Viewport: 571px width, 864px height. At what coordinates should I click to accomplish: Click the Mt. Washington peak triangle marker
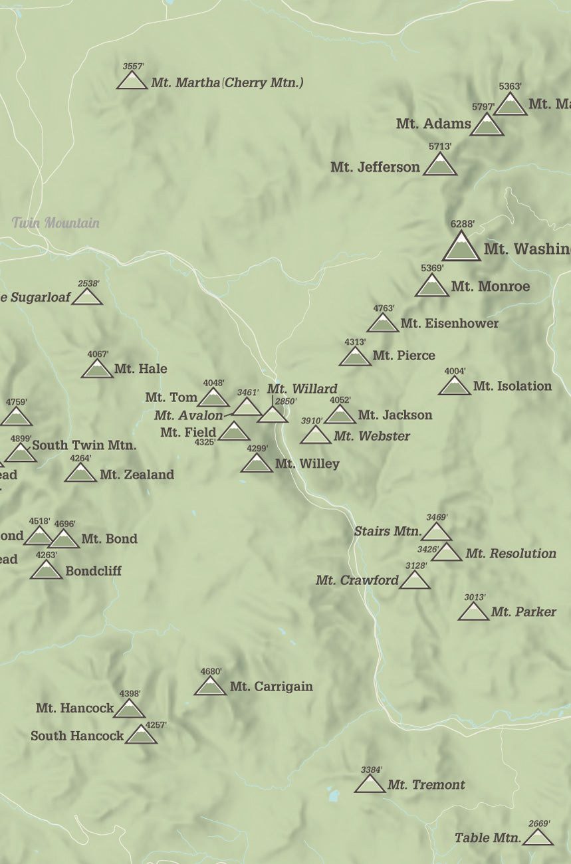pyautogui.click(x=461, y=248)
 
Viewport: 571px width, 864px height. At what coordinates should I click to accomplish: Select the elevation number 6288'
pyautogui.click(x=462, y=224)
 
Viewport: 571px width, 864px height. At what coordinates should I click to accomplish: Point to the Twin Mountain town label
pyautogui.click(x=56, y=223)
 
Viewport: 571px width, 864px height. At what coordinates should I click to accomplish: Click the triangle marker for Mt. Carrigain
pyautogui.click(x=211, y=687)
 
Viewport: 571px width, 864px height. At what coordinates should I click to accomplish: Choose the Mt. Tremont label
pyautogui.click(x=426, y=785)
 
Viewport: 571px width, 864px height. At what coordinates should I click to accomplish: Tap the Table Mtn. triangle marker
pyautogui.click(x=538, y=837)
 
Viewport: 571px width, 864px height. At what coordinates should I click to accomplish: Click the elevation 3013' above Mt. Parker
pyautogui.click(x=475, y=597)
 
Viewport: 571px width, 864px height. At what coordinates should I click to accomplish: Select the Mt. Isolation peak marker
pyautogui.click(x=455, y=386)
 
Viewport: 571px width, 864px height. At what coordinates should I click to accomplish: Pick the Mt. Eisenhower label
pyautogui.click(x=449, y=324)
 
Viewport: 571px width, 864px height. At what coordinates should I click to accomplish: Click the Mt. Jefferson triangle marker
pyautogui.click(x=440, y=166)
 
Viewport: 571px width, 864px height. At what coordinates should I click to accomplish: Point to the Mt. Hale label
pyautogui.click(x=140, y=369)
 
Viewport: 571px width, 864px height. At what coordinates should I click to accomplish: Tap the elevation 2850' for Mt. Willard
pyautogui.click(x=285, y=401)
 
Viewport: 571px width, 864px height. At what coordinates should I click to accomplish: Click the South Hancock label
pyautogui.click(x=77, y=736)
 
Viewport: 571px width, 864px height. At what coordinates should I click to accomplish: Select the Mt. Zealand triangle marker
pyautogui.click(x=81, y=474)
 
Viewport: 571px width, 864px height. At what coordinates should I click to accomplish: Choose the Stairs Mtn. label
pyautogui.click(x=388, y=531)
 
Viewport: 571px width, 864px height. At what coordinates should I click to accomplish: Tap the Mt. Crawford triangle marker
pyautogui.click(x=415, y=581)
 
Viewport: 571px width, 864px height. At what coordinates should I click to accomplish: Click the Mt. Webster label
pyautogui.click(x=372, y=437)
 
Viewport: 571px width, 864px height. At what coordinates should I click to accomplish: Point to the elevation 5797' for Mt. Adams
pyautogui.click(x=483, y=107)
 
